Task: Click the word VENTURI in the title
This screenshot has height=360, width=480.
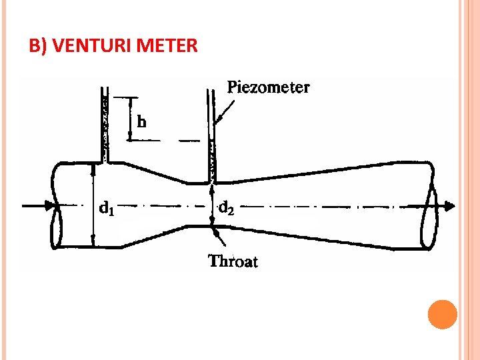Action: (x=93, y=46)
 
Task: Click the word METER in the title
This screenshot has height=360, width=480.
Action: (x=168, y=46)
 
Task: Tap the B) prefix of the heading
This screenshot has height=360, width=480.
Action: (x=38, y=46)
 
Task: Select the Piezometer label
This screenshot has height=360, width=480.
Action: (x=269, y=87)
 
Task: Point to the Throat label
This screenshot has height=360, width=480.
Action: (x=233, y=261)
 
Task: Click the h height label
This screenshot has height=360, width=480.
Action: (x=142, y=122)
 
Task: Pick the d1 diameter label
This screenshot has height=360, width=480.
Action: (x=107, y=209)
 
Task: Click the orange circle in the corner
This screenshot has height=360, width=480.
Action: (x=442, y=315)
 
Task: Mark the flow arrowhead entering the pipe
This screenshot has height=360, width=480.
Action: (x=49, y=205)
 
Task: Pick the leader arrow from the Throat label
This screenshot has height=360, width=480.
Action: (x=218, y=237)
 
